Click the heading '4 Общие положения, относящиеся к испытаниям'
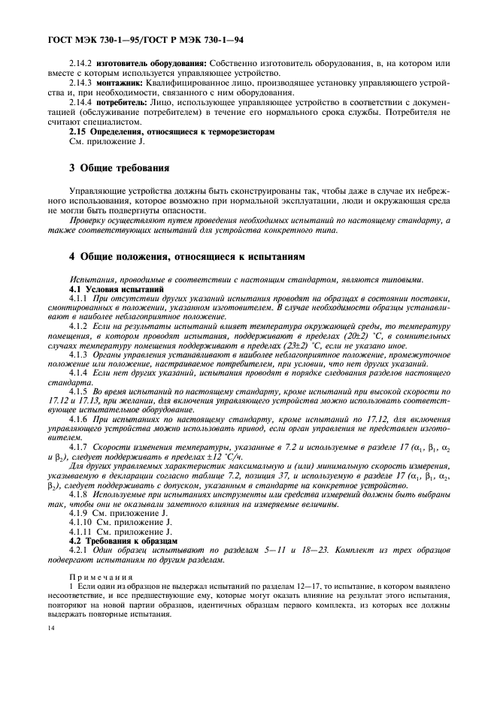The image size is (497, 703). tap(187, 257)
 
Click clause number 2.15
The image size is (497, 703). tap(79, 131)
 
